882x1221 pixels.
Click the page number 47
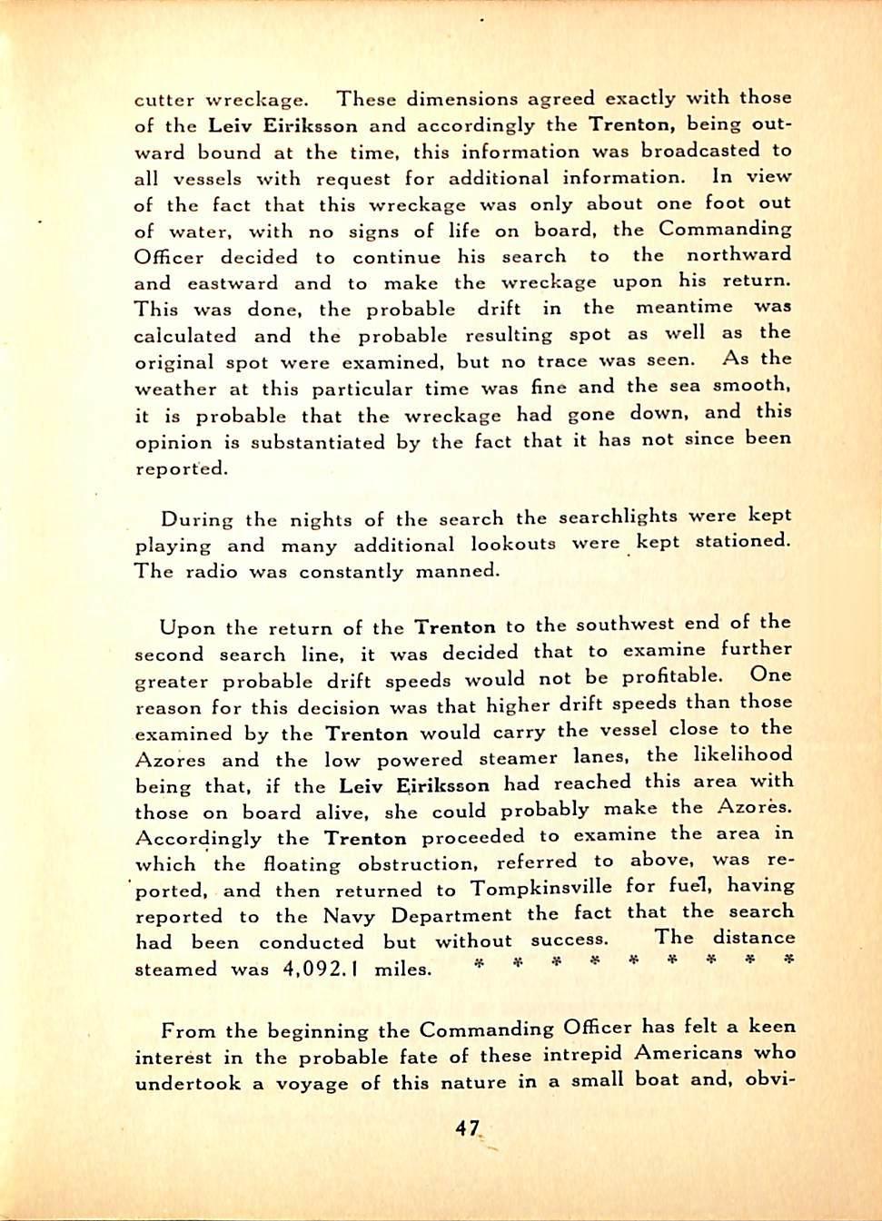tap(468, 1128)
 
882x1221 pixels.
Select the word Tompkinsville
tap(541, 887)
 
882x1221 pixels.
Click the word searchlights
tap(618, 517)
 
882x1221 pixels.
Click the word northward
tap(738, 255)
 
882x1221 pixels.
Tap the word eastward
tap(233, 282)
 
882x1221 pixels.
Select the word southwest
tap(625, 624)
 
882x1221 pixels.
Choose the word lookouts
tap(513, 544)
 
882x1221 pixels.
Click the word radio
tap(212, 571)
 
